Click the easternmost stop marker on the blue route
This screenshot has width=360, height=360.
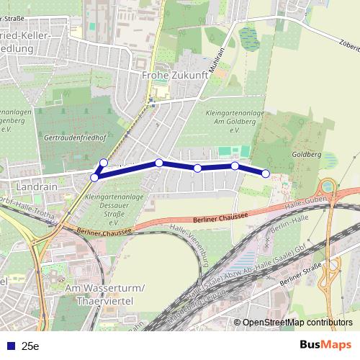tap(266, 174)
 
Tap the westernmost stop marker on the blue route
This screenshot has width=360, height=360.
tap(94, 177)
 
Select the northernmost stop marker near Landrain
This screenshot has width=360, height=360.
tap(104, 163)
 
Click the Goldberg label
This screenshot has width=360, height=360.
tap(307, 154)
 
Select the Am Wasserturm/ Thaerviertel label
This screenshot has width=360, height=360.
tap(105, 294)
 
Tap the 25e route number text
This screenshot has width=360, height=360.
tap(30, 346)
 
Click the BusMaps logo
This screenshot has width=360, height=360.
tap(325, 346)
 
